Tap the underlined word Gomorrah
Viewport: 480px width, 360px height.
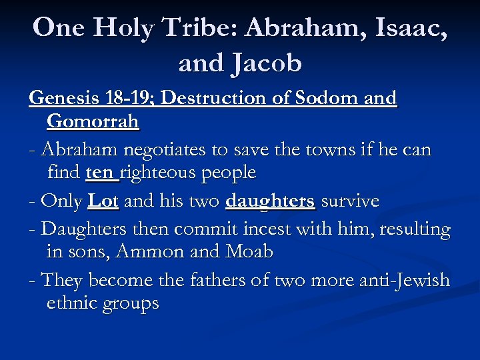click(x=93, y=121)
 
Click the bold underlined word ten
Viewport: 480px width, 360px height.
click(x=100, y=173)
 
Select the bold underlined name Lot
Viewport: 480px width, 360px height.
click(x=103, y=201)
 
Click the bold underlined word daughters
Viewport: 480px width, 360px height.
click(x=270, y=201)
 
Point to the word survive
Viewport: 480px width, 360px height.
click(x=350, y=201)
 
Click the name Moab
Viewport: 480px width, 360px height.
click(x=249, y=252)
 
